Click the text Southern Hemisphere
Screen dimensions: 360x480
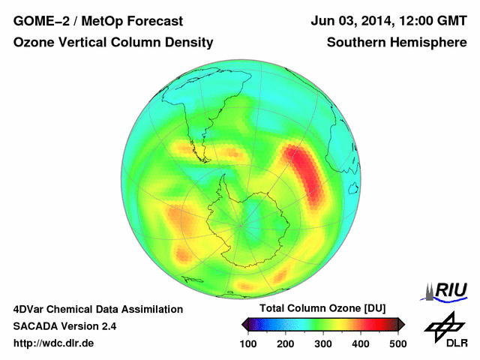397,43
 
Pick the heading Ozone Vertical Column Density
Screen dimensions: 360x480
113,43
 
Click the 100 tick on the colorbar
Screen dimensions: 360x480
248,343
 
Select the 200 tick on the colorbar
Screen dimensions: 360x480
286,343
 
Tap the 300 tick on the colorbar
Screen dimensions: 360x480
323,343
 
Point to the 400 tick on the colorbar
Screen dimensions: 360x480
361,343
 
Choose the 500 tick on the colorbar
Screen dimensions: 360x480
397,343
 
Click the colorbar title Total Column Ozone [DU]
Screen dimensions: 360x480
322,309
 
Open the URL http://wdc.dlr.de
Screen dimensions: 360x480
54,343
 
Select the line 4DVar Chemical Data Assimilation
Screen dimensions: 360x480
97,309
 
